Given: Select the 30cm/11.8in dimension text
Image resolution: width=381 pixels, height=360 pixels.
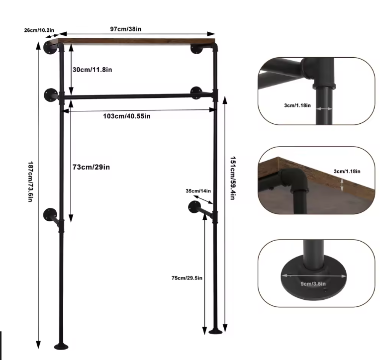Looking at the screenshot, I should click(x=92, y=70).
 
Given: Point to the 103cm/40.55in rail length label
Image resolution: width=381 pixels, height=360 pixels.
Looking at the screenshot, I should click(x=126, y=116).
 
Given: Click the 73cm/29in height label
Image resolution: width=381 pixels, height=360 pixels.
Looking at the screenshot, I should click(x=92, y=167).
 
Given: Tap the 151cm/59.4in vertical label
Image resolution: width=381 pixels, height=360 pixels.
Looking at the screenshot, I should click(x=232, y=178).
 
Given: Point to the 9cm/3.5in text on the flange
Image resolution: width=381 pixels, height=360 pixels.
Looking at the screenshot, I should click(x=310, y=283).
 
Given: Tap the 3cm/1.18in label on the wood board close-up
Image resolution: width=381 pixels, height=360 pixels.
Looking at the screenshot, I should click(x=347, y=172).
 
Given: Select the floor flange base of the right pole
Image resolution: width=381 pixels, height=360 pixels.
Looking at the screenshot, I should click(x=217, y=331).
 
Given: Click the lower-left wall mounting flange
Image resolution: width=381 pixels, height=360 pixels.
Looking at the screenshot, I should click(x=50, y=216).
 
